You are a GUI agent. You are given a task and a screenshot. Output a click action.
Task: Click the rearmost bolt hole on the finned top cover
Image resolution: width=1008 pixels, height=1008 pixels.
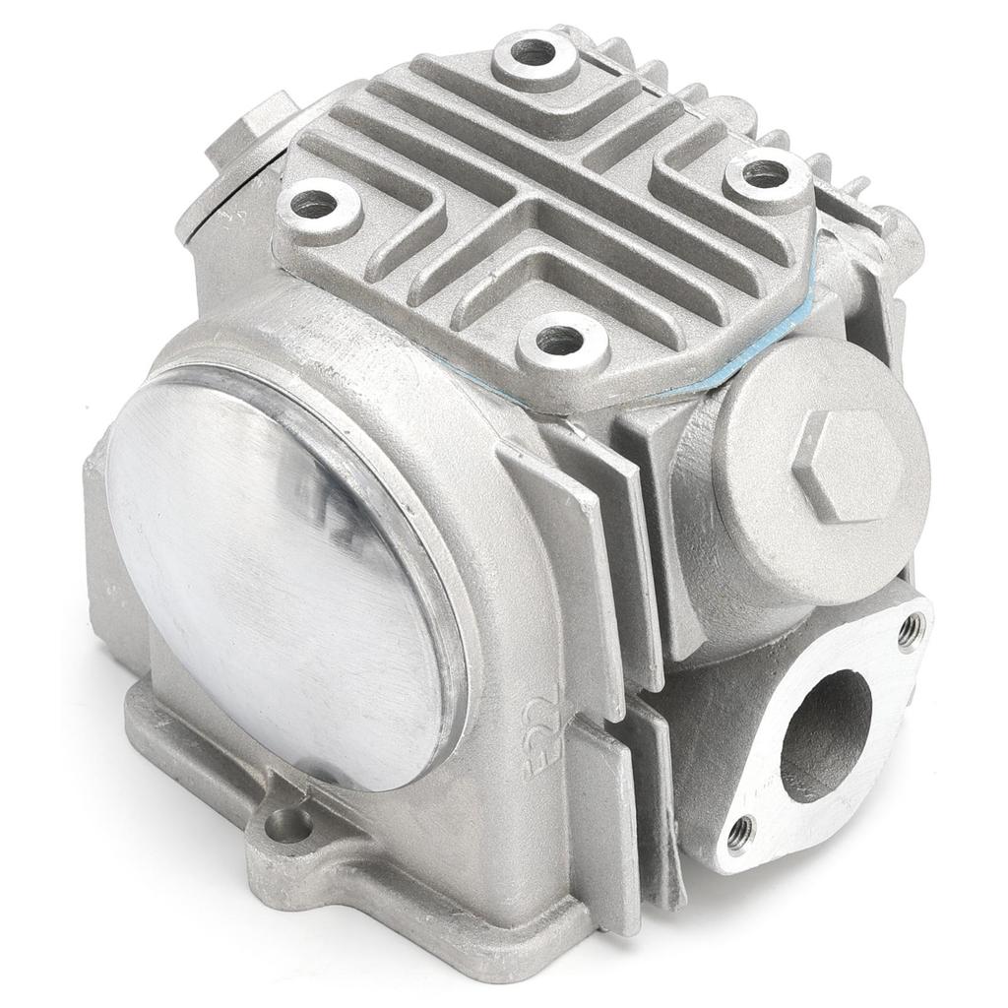pyautogui.click(x=534, y=52)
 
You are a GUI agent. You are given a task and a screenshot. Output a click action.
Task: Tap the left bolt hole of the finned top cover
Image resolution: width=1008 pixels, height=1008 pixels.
pyautogui.click(x=314, y=205)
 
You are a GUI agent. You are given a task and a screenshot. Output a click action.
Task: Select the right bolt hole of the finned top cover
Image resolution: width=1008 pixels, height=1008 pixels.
pyautogui.click(x=765, y=174)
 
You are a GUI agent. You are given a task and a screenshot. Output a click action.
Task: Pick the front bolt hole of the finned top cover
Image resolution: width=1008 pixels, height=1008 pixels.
pyautogui.click(x=559, y=341)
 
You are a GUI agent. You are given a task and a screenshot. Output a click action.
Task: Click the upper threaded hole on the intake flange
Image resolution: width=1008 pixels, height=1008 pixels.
pyautogui.click(x=910, y=625)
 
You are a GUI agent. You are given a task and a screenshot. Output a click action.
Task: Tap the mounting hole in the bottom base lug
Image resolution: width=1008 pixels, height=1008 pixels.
pyautogui.click(x=288, y=824)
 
